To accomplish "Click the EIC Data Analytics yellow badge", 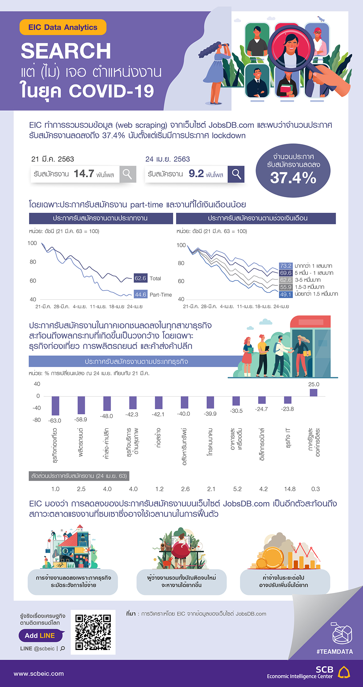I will [x=63, y=27].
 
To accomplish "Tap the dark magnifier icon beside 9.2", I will [x=236, y=174].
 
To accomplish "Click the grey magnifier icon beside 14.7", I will [x=127, y=174].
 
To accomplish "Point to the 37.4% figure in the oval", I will [x=293, y=178].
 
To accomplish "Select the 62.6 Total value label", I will [x=140, y=279].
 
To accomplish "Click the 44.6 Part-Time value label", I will [x=140, y=294].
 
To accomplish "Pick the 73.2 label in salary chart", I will [x=286, y=266].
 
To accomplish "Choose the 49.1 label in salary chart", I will [x=286, y=294].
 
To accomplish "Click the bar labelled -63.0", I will [x=55, y=406].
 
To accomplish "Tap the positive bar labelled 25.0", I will [x=313, y=393].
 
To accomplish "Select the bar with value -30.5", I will [x=236, y=401].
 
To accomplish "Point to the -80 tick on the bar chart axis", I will [x=37, y=420].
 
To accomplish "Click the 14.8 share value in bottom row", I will [x=290, y=489].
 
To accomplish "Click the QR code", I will [x=93, y=632].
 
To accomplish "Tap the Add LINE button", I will [x=40, y=635].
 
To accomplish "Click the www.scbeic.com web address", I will [x=39, y=674].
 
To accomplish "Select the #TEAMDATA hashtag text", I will [x=334, y=651].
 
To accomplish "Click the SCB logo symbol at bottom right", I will [x=344, y=672].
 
